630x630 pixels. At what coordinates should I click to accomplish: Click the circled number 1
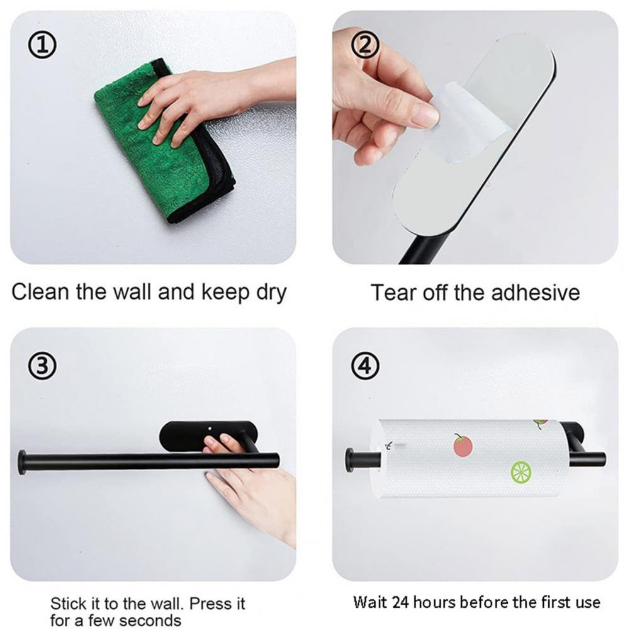(42, 45)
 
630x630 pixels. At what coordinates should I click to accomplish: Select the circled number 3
(42, 366)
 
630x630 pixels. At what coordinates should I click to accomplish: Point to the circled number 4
(365, 366)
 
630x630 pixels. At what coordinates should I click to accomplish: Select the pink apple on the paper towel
(463, 445)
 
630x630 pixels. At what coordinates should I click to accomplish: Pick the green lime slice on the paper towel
(521, 473)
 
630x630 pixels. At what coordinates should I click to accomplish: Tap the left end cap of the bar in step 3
(22, 463)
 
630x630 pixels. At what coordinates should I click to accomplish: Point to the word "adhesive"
(536, 292)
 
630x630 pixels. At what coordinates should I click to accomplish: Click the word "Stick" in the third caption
(67, 604)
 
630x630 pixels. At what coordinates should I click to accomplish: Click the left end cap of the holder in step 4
(349, 461)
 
